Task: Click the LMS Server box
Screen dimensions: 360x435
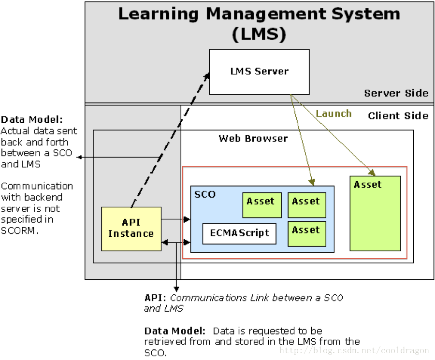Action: point(259,72)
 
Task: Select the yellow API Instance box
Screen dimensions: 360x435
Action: point(131,229)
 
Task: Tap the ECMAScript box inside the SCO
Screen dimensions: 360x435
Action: point(239,233)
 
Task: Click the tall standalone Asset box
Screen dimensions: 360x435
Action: point(375,213)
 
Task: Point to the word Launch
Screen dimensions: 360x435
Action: point(333,114)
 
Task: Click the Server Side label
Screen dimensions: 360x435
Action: point(396,93)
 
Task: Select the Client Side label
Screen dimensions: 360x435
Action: point(398,115)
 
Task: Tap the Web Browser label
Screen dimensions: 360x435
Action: point(253,139)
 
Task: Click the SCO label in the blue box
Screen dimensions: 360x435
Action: point(204,194)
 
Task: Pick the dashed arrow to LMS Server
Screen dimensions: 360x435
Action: point(169,140)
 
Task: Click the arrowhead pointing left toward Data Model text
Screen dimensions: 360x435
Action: point(79,158)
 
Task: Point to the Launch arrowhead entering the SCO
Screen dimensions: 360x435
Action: point(312,182)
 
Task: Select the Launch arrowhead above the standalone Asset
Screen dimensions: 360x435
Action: point(372,172)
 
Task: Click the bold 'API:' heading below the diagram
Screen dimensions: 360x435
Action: point(156,298)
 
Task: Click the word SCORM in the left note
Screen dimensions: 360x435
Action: point(19,230)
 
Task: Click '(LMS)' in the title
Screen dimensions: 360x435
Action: point(259,34)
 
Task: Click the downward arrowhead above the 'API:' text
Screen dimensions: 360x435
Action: point(176,289)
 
